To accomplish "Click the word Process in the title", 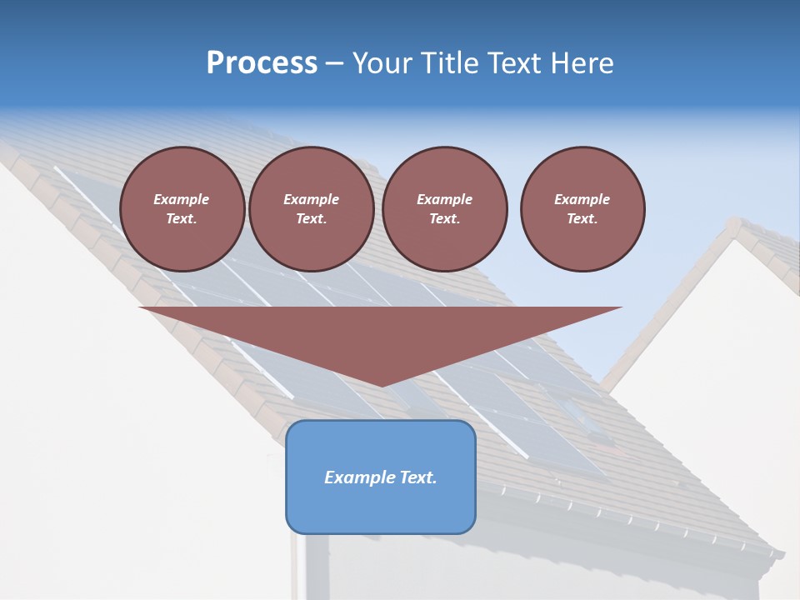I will [x=262, y=63].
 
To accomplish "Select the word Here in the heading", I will [x=582, y=63].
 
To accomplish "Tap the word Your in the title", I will [x=381, y=63].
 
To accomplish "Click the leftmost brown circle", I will [x=182, y=209].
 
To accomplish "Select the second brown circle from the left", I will [x=311, y=209].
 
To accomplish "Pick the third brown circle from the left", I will [x=444, y=209].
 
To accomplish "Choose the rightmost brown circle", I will [x=582, y=209].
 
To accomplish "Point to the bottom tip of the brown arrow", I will [x=381, y=386].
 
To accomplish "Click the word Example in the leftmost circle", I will [x=182, y=199].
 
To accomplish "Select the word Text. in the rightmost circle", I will [x=582, y=219].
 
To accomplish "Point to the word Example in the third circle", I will [x=444, y=199].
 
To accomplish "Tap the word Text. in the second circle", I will [x=311, y=219].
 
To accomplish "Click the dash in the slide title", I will [x=334, y=63].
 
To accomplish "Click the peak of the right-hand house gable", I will [x=734, y=223].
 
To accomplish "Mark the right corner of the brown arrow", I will [x=621, y=308].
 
